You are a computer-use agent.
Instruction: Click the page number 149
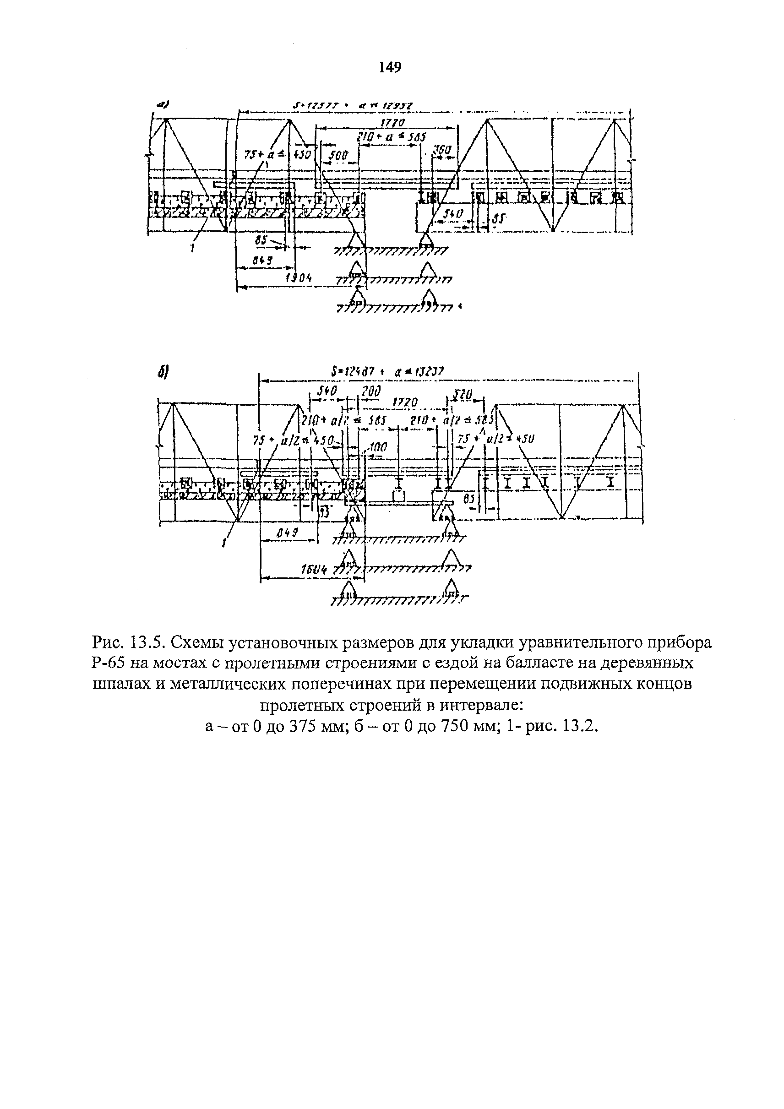(x=390, y=68)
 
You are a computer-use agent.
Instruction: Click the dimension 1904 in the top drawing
(x=299, y=278)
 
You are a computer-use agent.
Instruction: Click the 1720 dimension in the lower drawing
(x=405, y=402)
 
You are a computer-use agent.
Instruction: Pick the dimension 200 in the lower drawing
(x=370, y=391)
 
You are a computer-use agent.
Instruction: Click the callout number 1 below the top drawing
(x=193, y=248)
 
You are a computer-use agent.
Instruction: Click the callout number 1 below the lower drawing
(x=224, y=544)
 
